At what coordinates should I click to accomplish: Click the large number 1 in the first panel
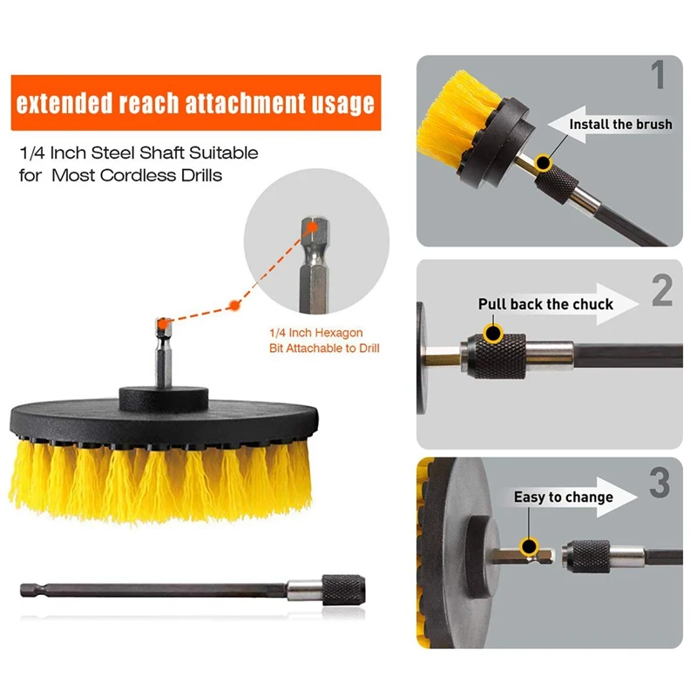pyautogui.click(x=658, y=75)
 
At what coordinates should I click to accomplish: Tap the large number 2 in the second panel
pyautogui.click(x=662, y=290)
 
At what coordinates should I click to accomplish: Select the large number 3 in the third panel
pyautogui.click(x=660, y=483)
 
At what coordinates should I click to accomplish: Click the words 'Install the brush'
pyautogui.click(x=620, y=124)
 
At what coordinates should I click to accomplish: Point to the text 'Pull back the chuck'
pyautogui.click(x=545, y=304)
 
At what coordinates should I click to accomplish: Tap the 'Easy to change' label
pyautogui.click(x=563, y=497)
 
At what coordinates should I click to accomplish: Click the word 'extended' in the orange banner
pyautogui.click(x=64, y=103)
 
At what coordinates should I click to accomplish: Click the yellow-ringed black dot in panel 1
pyautogui.click(x=543, y=163)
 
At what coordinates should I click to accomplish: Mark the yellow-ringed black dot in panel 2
pyautogui.click(x=493, y=333)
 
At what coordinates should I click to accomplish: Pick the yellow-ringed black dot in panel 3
pyautogui.click(x=529, y=546)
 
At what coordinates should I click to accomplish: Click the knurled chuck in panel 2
pyautogui.click(x=497, y=356)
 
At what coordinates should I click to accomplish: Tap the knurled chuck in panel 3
pyautogui.click(x=589, y=557)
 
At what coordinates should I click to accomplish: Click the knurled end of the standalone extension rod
pyautogui.click(x=343, y=590)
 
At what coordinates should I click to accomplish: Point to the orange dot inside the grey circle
pyautogui.click(x=312, y=227)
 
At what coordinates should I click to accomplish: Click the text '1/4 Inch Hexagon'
pyautogui.click(x=316, y=333)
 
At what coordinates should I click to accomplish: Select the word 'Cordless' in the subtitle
pyautogui.click(x=139, y=175)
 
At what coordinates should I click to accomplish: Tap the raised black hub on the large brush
pyautogui.click(x=164, y=399)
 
